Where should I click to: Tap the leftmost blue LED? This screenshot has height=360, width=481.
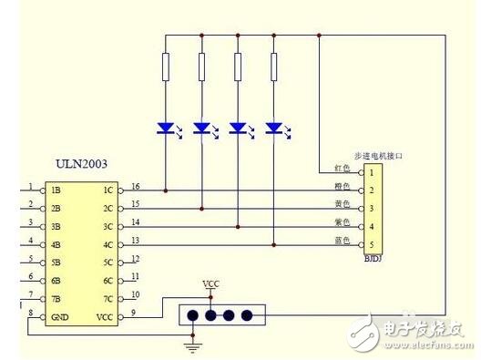pyautogui.click(x=166, y=129)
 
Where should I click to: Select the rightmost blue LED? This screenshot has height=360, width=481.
pyautogui.click(x=274, y=129)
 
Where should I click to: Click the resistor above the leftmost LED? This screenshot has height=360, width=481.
pyautogui.click(x=165, y=67)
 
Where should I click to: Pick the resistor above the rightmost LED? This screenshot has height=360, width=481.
pyautogui.click(x=274, y=67)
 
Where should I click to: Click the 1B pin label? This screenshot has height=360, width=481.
pyautogui.click(x=56, y=190)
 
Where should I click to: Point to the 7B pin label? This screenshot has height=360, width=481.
pyautogui.click(x=56, y=298)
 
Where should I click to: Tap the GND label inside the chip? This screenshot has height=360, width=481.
pyautogui.click(x=59, y=316)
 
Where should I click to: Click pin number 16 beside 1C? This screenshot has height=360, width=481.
pyautogui.click(x=135, y=186)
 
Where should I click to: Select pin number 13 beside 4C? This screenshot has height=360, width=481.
pyautogui.click(x=135, y=240)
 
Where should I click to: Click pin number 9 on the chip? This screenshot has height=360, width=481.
pyautogui.click(x=133, y=313)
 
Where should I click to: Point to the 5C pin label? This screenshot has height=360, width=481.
pyautogui.click(x=108, y=262)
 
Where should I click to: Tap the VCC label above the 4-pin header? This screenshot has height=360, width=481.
pyautogui.click(x=210, y=284)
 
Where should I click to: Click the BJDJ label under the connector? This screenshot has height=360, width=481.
pyautogui.click(x=372, y=260)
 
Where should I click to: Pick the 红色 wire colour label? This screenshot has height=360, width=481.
pyautogui.click(x=343, y=170)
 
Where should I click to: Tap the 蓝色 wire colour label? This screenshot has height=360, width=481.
pyautogui.click(x=343, y=242)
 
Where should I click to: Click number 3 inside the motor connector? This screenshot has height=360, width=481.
pyautogui.click(x=372, y=209)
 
